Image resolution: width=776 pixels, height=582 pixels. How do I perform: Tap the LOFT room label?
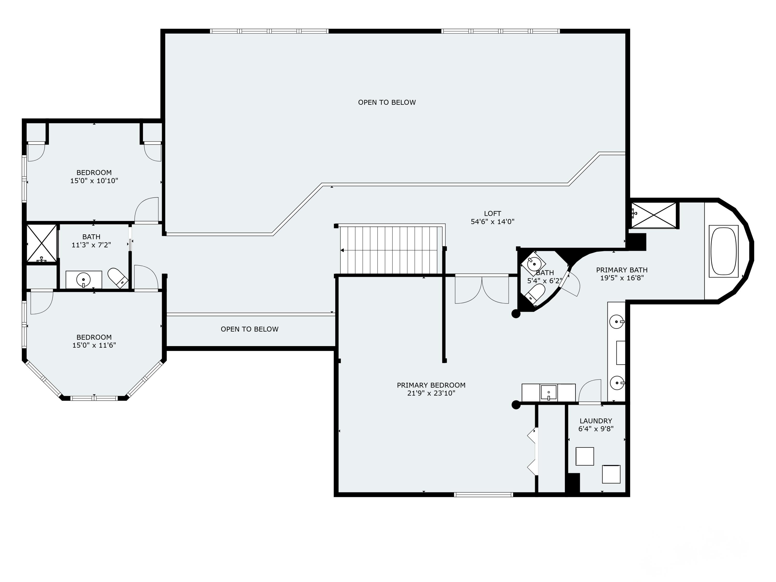(492, 213)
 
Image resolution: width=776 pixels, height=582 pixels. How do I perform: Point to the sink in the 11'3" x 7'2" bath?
(84, 280)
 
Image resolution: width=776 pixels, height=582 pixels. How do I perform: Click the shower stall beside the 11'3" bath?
(41, 243)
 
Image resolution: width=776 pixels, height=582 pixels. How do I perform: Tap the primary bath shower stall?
(654, 215)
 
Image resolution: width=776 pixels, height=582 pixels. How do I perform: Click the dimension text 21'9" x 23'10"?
(431, 393)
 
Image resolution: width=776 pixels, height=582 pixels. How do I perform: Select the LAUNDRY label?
(596, 421)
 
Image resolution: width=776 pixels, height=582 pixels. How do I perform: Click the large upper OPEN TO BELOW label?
(387, 102)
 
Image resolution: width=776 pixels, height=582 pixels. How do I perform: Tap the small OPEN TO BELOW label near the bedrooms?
(249, 329)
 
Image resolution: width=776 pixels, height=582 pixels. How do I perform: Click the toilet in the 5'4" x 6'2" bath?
(536, 293)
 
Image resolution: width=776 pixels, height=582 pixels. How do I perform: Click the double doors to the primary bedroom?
(482, 290)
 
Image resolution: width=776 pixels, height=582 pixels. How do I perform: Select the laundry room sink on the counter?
(548, 392)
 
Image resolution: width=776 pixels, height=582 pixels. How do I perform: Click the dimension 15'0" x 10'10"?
(94, 181)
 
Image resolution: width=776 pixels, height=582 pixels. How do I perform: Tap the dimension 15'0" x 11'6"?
(94, 345)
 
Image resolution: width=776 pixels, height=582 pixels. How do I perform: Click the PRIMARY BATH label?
(622, 270)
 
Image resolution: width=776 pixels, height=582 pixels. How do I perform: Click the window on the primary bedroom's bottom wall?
(483, 495)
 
